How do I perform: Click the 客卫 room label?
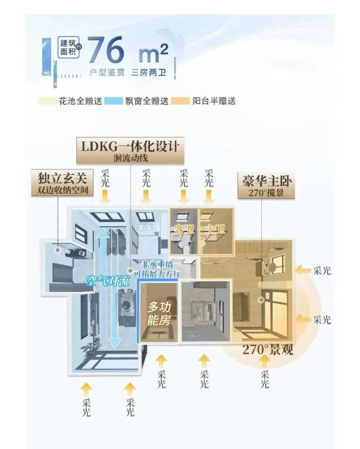click(181, 228)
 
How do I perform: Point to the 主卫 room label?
click(213, 228)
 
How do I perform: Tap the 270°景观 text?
click(268, 349)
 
